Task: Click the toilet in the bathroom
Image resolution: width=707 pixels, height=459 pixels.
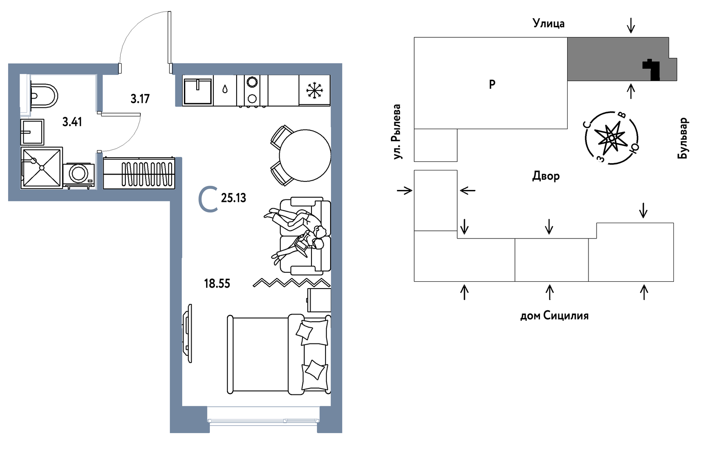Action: pos(43,96)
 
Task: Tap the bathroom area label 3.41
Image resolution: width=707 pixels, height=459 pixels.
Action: pos(72,122)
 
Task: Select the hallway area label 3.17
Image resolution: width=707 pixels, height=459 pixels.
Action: pos(140,99)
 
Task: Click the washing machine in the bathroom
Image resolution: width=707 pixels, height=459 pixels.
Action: pos(79,174)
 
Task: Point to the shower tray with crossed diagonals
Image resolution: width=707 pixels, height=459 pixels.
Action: pos(42,168)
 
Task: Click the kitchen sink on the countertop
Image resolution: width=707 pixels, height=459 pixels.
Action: pos(198,91)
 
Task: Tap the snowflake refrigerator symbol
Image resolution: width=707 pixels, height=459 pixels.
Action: pos(314,90)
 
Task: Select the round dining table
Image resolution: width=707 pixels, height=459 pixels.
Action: pos(305,156)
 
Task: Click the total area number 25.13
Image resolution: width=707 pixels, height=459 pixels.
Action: pos(233,198)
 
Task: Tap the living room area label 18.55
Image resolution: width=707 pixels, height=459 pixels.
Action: pos(217,283)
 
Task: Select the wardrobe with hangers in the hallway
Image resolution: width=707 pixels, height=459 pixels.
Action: pos(139,173)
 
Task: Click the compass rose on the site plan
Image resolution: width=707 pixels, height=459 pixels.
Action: pos(611,138)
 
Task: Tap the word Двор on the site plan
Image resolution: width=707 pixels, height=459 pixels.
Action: pos(546,176)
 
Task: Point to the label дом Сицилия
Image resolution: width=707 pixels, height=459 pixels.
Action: pos(554,316)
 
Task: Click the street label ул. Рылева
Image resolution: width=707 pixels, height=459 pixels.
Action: pos(397,132)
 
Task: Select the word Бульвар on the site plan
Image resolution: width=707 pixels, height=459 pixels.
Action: pos(683,138)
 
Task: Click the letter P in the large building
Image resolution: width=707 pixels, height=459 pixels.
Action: pos(492,84)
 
